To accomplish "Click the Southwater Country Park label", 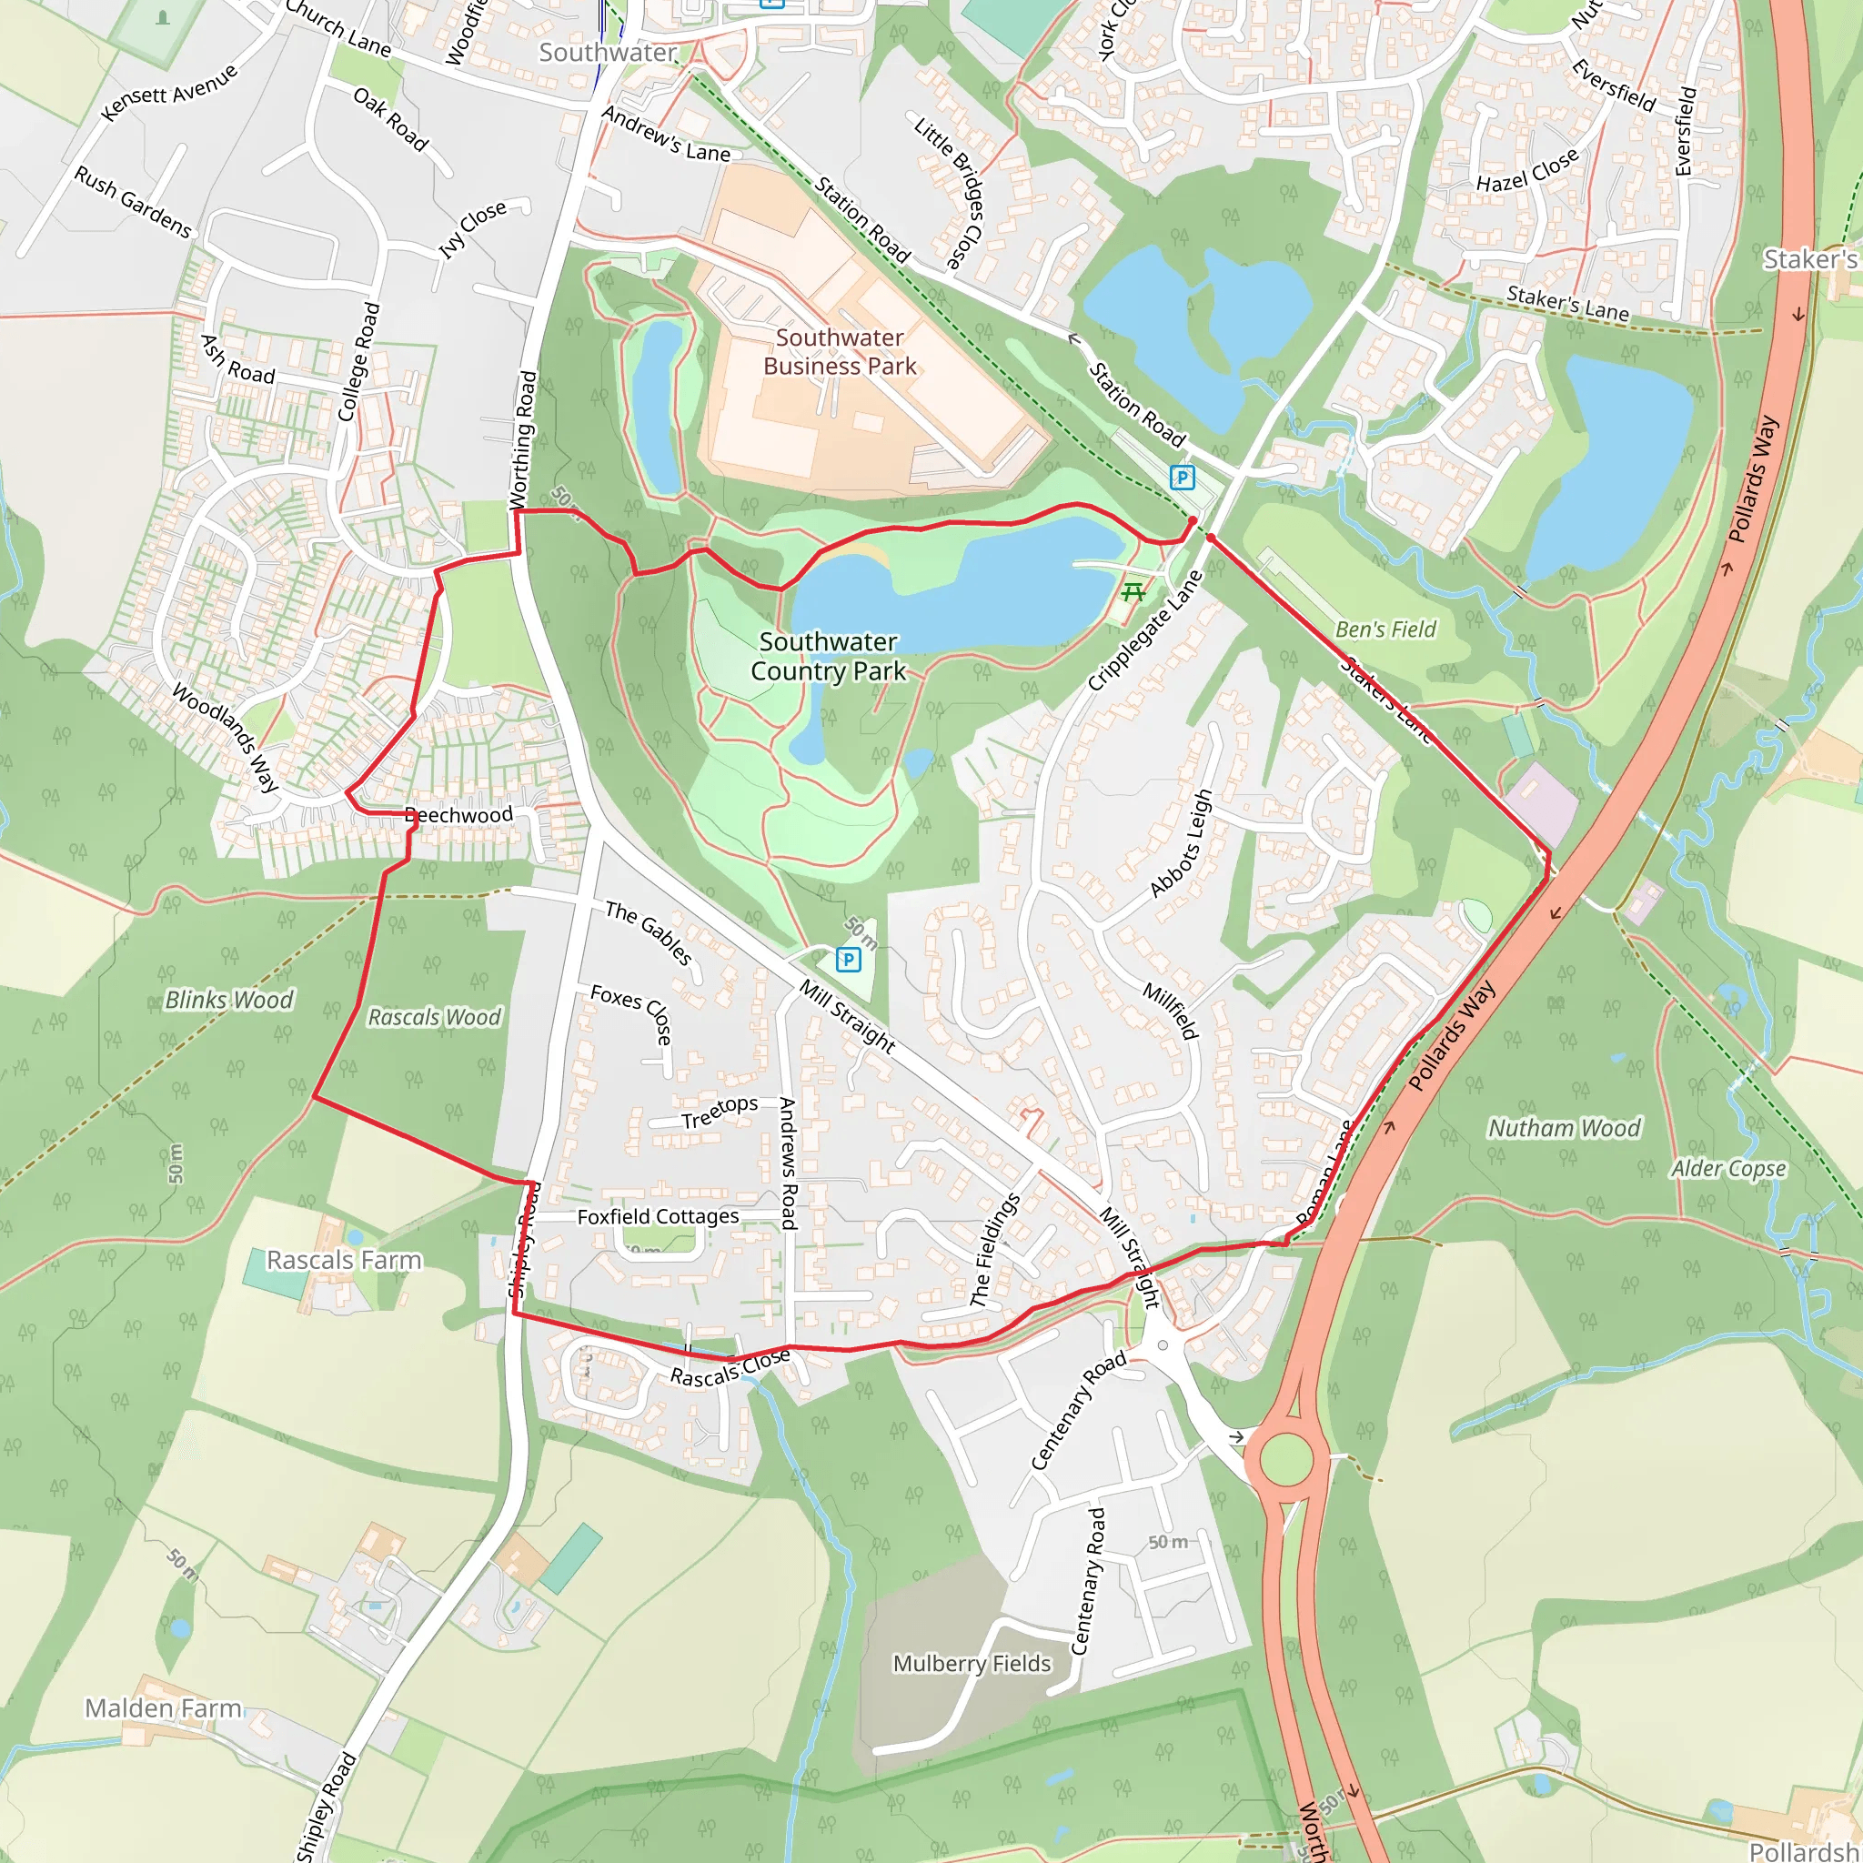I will point(829,657).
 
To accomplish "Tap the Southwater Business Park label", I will point(839,352).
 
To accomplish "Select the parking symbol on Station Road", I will point(1182,478).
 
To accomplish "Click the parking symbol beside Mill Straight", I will point(848,959).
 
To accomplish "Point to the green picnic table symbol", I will point(1133,591).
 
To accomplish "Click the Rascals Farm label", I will point(344,1260).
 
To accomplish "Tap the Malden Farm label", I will point(163,1707).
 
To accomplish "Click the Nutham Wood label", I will point(1564,1128).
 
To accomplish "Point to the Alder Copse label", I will point(1728,1169).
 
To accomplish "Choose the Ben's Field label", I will point(1385,629).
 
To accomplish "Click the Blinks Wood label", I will point(229,1000).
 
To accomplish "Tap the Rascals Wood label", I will point(435,1017).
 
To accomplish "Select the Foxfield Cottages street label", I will point(658,1217).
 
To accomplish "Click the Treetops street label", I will point(720,1112).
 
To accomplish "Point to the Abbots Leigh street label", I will point(1182,844).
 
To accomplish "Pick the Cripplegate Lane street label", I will point(1146,631).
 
